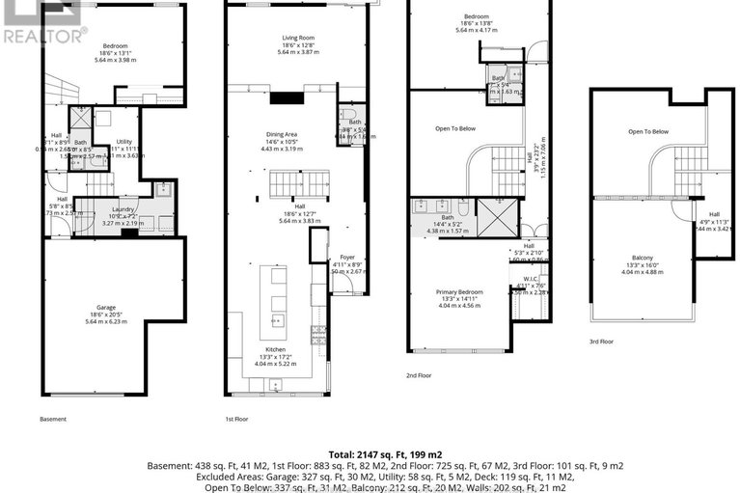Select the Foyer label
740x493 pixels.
click(346, 258)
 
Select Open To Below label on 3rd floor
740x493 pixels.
click(648, 131)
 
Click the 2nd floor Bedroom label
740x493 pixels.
click(477, 16)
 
